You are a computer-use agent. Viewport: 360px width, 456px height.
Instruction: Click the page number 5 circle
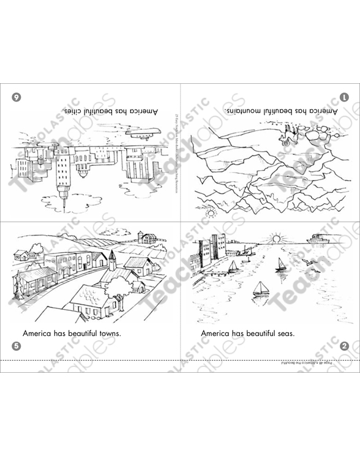coord(17,346)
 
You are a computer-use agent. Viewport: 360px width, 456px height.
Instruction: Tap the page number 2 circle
coord(344,346)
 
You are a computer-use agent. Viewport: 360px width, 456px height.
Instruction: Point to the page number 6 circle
coord(17,97)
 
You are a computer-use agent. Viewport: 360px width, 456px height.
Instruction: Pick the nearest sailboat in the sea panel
coord(261,288)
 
